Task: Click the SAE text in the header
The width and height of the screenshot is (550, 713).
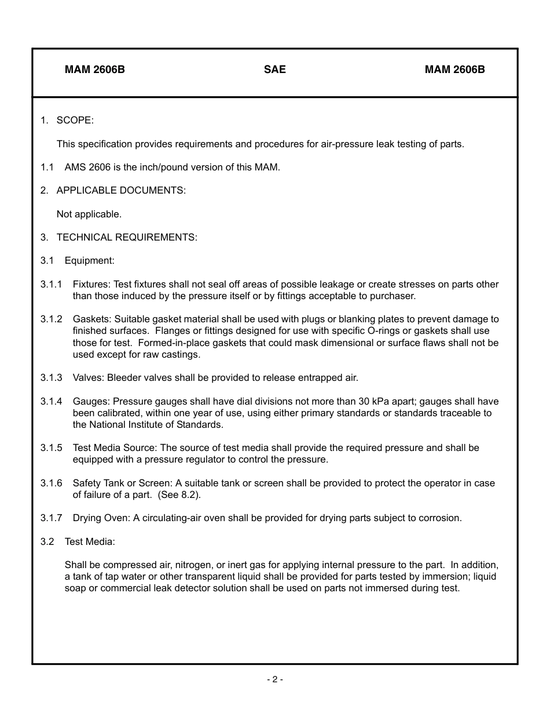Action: coord(275,70)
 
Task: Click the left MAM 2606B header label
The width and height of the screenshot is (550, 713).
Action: coord(95,70)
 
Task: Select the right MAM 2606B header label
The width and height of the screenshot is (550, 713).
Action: coord(454,70)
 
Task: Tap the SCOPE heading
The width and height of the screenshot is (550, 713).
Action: coord(75,121)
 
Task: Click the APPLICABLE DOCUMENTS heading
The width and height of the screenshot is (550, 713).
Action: coord(121,191)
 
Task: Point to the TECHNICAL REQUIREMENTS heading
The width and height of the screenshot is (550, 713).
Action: coord(127,238)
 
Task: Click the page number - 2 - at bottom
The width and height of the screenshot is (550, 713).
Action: coord(275,679)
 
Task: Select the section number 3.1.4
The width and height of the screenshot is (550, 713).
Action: coord(52,402)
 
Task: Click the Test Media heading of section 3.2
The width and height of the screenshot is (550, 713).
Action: coord(90,542)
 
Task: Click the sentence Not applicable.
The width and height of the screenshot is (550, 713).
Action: coord(89,214)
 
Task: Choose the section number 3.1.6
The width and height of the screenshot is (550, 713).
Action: coord(52,483)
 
